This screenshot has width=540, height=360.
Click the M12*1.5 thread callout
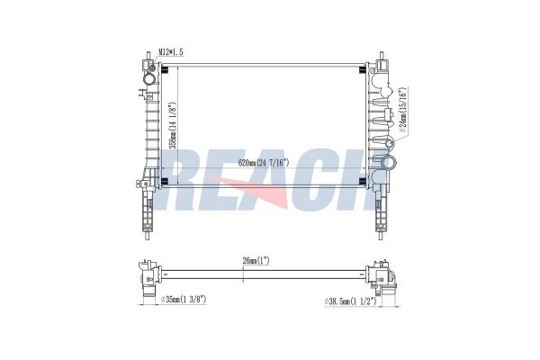tap(171, 52)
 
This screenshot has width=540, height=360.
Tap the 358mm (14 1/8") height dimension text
tap(174, 125)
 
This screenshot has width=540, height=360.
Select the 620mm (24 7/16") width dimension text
tap(264, 162)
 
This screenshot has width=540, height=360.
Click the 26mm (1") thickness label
tap(256, 261)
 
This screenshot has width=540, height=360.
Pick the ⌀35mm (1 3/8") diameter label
tap(184, 300)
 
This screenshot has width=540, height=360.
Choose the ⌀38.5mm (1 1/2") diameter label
tap(351, 301)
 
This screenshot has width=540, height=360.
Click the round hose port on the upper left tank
tap(150, 79)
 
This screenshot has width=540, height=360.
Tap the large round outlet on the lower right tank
tap(390, 163)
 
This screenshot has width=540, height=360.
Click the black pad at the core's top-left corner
tap(165, 70)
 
